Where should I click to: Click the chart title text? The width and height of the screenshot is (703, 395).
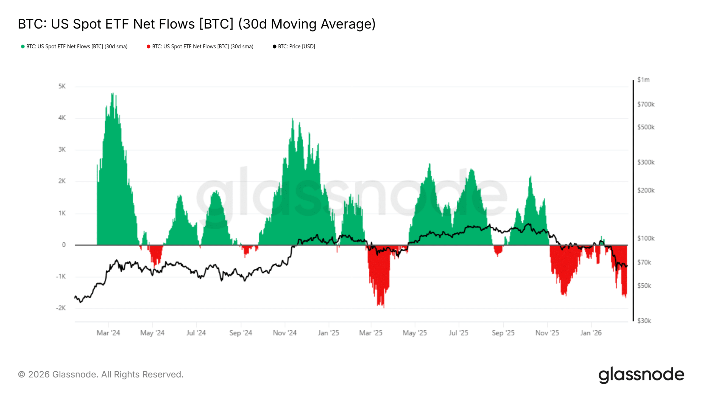[196, 24]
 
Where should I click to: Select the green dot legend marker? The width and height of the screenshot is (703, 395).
[23, 47]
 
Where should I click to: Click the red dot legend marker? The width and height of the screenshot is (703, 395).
[148, 47]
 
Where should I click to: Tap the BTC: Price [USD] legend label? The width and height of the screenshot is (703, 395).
[296, 47]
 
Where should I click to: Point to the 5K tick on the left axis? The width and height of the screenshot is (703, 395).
[62, 86]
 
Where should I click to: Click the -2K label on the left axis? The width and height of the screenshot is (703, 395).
[61, 308]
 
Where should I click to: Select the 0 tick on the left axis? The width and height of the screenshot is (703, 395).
[64, 245]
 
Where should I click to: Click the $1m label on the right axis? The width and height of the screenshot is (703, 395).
[643, 80]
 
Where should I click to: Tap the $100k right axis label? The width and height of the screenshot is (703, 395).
[646, 238]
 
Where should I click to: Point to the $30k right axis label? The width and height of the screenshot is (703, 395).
[644, 321]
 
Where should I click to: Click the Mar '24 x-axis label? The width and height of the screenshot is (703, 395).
[108, 333]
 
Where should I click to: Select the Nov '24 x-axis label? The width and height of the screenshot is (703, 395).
[284, 333]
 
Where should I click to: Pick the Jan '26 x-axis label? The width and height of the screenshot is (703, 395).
[591, 333]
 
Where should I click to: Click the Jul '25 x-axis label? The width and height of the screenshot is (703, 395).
[458, 333]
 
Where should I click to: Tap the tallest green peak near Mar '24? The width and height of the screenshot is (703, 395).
[112, 94]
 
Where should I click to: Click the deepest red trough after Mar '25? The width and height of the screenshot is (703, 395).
[384, 306]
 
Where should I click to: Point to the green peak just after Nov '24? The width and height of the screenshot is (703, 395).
[292, 120]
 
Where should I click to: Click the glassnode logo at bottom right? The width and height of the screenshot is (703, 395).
[641, 375]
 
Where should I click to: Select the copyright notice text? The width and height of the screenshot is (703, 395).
[101, 374]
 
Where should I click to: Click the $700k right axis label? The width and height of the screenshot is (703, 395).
[646, 105]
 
